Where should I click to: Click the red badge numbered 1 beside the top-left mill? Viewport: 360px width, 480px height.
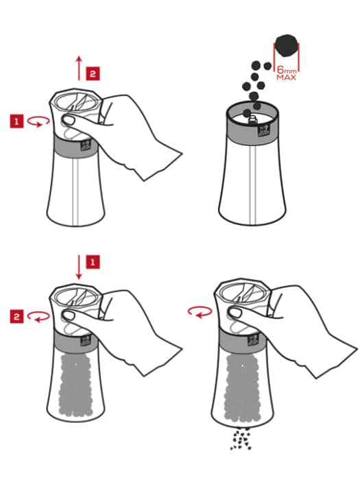(x=17, y=121)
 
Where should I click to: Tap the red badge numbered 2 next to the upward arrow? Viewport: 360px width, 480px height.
(x=93, y=73)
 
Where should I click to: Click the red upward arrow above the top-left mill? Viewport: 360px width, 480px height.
(x=79, y=68)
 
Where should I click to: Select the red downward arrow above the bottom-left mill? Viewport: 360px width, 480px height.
(x=79, y=267)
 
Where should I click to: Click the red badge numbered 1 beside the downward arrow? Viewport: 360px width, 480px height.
(x=93, y=262)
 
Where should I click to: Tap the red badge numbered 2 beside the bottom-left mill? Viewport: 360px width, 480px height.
(x=17, y=316)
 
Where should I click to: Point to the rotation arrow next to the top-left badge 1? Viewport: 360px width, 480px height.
(x=38, y=121)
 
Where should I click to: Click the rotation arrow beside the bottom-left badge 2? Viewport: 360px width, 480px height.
(x=38, y=317)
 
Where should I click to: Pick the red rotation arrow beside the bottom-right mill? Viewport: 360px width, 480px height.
(x=200, y=313)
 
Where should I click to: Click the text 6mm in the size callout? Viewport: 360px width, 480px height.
(x=287, y=70)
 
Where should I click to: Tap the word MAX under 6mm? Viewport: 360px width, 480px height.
(x=287, y=77)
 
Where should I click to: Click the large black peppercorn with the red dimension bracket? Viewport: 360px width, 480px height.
(x=286, y=46)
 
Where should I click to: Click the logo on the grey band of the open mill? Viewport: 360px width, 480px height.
(x=263, y=130)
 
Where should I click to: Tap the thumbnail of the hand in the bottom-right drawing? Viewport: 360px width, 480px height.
(x=235, y=313)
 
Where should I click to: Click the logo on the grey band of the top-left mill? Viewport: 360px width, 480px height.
(x=86, y=145)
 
